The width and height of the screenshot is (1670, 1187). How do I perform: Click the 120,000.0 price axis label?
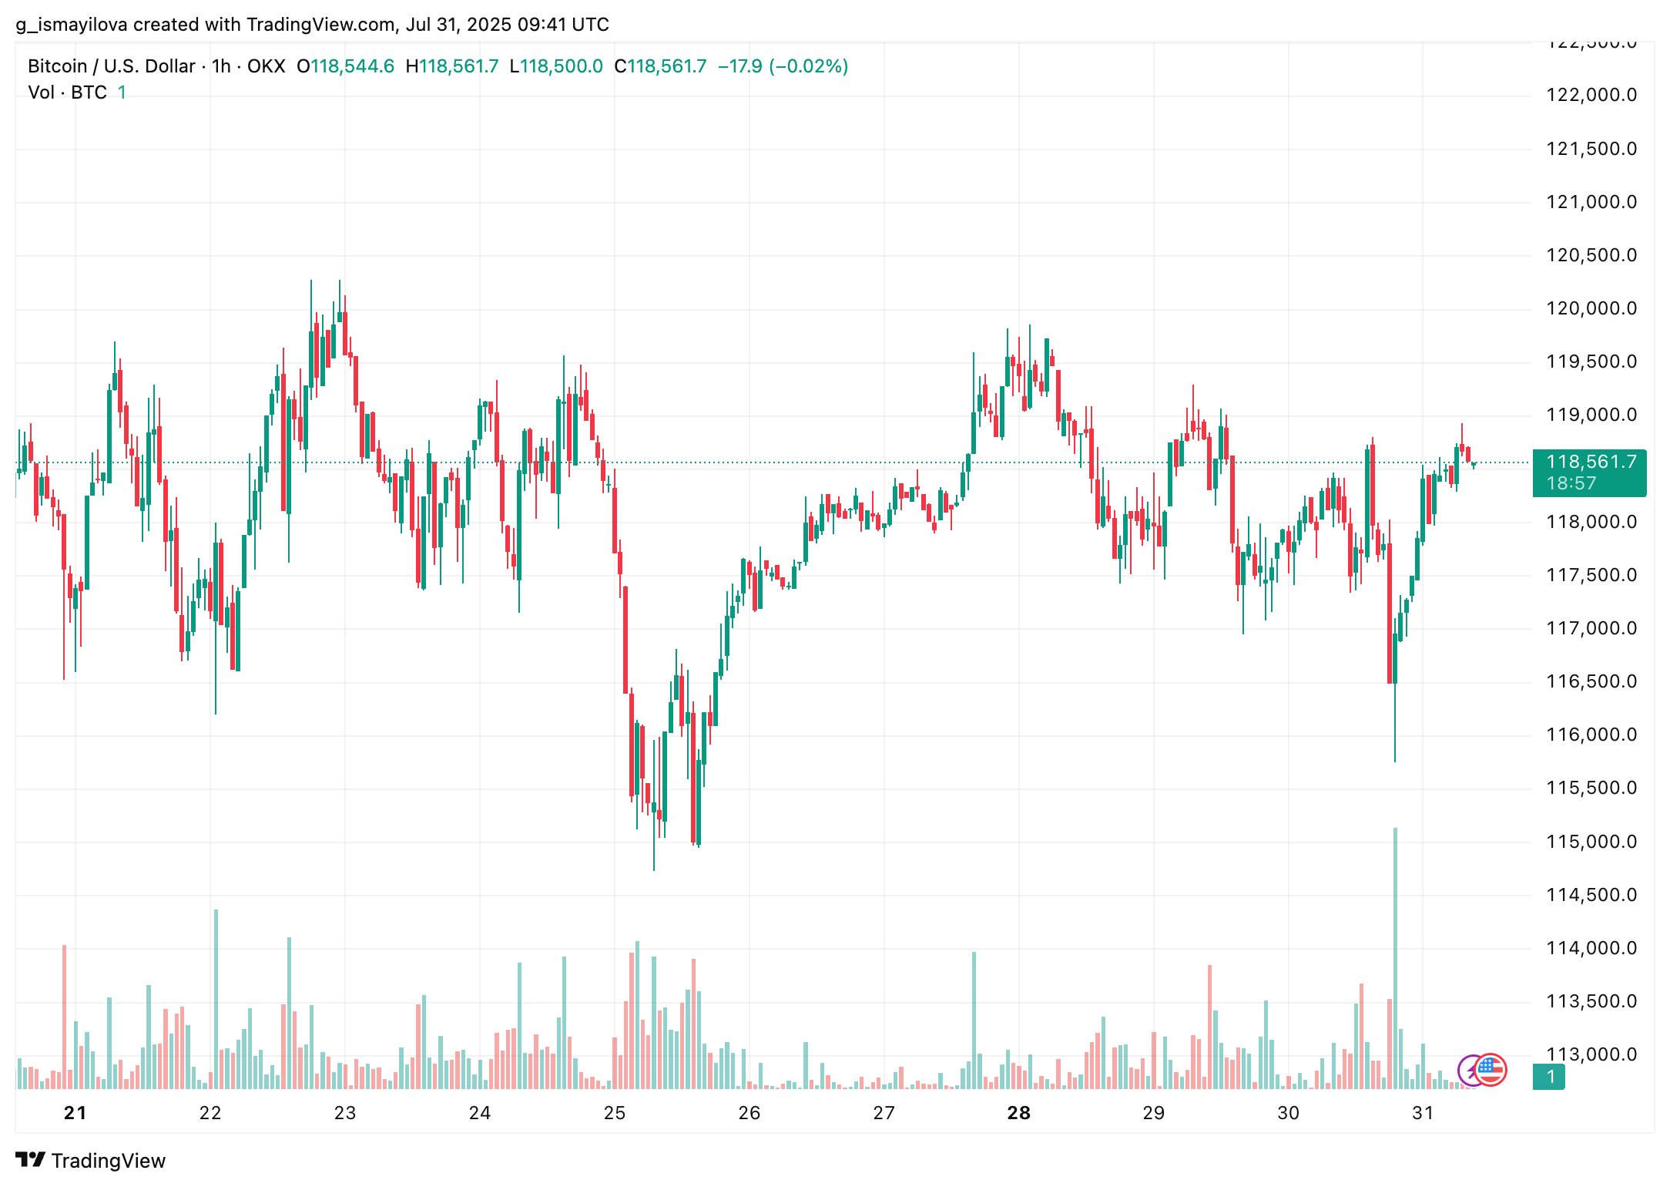pyautogui.click(x=1591, y=308)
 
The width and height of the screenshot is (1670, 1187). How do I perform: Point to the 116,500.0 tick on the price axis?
pyautogui.click(x=1591, y=681)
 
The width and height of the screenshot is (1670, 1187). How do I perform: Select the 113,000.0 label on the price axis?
pyautogui.click(x=1591, y=1054)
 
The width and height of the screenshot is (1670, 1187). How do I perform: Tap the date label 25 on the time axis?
pyautogui.click(x=615, y=1112)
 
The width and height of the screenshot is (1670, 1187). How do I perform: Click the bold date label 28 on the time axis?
pyautogui.click(x=1018, y=1112)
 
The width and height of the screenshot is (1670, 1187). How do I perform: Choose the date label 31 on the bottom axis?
pyautogui.click(x=1423, y=1112)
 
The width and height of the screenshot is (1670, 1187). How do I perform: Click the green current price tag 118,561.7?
pyautogui.click(x=1591, y=462)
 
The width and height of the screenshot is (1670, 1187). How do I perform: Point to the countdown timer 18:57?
pyautogui.click(x=1571, y=483)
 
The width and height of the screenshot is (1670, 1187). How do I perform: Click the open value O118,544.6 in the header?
pyautogui.click(x=345, y=66)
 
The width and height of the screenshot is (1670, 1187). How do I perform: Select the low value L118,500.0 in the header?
pyautogui.click(x=556, y=66)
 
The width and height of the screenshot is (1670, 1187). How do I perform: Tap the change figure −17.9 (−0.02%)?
pyautogui.click(x=783, y=66)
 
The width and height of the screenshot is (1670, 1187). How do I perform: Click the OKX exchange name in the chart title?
pyautogui.click(x=266, y=66)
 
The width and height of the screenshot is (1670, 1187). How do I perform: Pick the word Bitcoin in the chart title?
pyautogui.click(x=58, y=66)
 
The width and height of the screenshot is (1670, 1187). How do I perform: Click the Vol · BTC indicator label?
pyautogui.click(x=68, y=92)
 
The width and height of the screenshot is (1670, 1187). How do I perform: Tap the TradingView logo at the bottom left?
pyautogui.click(x=91, y=1160)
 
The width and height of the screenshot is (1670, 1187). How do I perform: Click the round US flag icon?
pyautogui.click(x=1490, y=1069)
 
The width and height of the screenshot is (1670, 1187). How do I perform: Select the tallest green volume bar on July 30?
pyautogui.click(x=1395, y=956)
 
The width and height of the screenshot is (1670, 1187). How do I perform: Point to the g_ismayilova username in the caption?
pyautogui.click(x=71, y=25)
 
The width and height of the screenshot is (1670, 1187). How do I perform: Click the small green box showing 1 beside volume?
pyautogui.click(x=1551, y=1077)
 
